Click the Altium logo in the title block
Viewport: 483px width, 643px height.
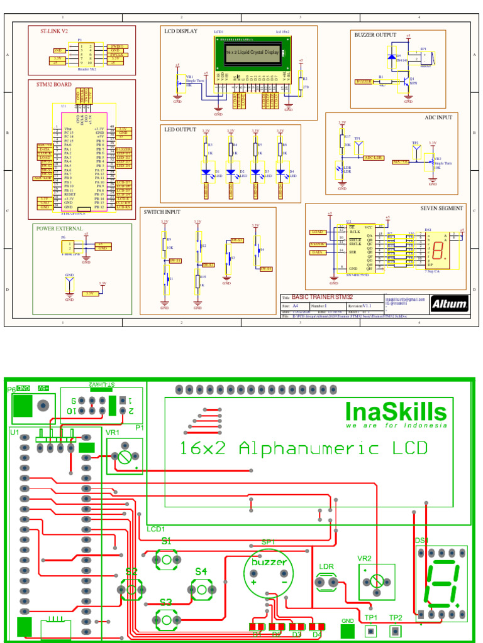click(450, 305)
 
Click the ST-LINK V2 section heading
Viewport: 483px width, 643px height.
click(55, 31)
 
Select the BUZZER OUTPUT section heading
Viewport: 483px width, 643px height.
click(375, 35)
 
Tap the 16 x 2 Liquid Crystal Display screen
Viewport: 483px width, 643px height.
click(252, 53)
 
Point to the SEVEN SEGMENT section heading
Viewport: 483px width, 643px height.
click(441, 208)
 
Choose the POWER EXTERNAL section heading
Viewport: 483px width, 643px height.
click(59, 229)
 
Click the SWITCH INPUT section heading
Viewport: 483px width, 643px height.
click(162, 212)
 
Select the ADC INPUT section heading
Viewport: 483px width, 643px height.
click(438, 117)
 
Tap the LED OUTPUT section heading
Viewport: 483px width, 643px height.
click(180, 129)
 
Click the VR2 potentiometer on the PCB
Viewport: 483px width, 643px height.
click(376, 581)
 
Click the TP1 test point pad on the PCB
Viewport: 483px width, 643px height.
click(371, 631)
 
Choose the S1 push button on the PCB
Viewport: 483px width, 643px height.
click(165, 559)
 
